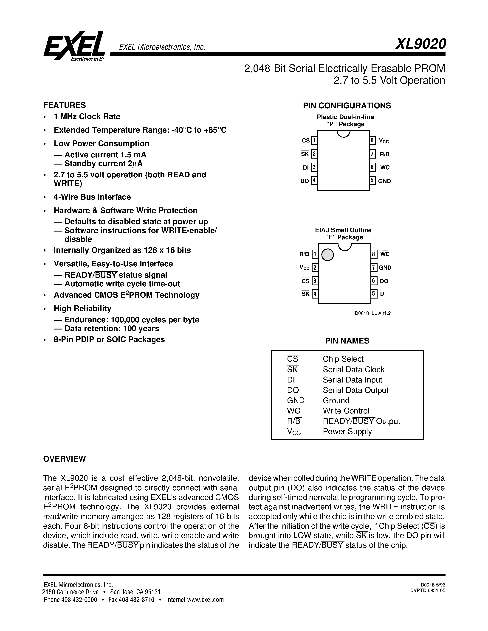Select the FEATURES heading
[x=65, y=105]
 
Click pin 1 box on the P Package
[x=314, y=141]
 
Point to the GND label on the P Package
[x=384, y=181]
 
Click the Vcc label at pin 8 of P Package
[x=384, y=141]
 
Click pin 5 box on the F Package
[x=374, y=294]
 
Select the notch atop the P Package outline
[x=344, y=134]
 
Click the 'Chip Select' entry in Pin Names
[x=343, y=359]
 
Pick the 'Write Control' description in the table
[x=346, y=411]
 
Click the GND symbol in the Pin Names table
[x=296, y=400]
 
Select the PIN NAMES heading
[x=347, y=341]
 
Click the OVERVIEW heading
[x=65, y=459]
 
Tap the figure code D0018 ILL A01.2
[x=373, y=313]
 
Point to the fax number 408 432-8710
[x=136, y=600]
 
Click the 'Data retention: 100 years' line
[x=112, y=329]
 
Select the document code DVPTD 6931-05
[x=428, y=591]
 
